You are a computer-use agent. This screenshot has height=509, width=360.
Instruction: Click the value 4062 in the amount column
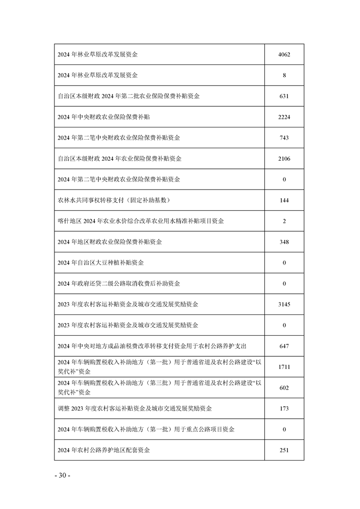284,54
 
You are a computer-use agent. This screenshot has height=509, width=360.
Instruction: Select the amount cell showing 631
284,96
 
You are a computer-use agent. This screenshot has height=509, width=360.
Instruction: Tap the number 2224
284,117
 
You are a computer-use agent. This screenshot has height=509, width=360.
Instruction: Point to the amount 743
284,138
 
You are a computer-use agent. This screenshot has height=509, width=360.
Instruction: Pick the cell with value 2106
284,159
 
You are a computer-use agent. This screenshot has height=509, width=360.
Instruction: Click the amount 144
284,201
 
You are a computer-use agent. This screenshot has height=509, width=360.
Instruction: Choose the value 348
284,242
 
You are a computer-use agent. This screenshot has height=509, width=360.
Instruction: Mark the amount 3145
284,304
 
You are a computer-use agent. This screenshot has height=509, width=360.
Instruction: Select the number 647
284,346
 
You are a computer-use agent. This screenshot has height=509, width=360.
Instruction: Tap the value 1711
284,367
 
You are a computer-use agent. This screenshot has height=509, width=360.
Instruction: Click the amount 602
284,388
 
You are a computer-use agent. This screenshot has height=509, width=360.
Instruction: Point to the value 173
284,408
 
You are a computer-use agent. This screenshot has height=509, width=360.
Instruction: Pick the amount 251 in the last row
284,450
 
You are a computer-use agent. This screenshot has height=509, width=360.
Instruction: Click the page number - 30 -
62,475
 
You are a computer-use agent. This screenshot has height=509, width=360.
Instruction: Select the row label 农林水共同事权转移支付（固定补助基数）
114,201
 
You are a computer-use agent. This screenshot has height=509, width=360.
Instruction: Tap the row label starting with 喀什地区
141,221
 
